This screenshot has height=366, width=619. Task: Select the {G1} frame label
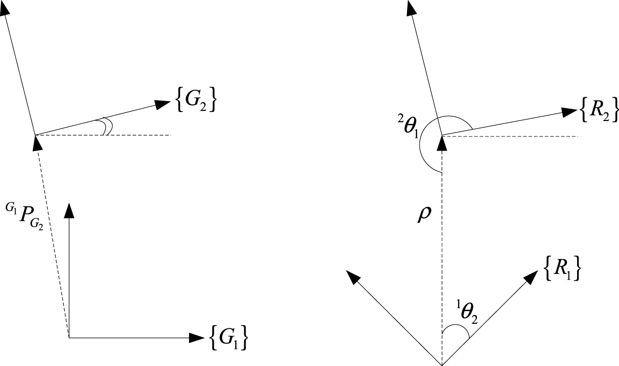[229, 337]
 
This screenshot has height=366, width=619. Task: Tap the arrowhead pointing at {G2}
[164, 104]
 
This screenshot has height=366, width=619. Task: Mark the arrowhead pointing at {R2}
[569, 112]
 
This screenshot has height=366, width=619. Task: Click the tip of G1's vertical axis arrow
[70, 210]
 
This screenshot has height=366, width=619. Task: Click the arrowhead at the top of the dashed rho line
[442, 141]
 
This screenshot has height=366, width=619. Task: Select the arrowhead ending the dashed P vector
[35, 142]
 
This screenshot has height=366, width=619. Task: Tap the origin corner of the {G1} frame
[70, 337]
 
